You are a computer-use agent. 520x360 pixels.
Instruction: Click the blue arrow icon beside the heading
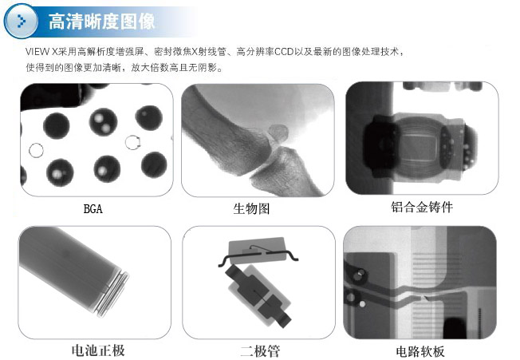(21, 22)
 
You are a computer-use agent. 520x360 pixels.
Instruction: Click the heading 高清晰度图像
(102, 22)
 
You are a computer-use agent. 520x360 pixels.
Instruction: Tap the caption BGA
(93, 209)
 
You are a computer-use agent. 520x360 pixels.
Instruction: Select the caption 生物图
(251, 209)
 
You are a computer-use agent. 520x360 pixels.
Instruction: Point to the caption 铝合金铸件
(422, 207)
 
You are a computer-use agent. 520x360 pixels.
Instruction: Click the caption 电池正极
(98, 350)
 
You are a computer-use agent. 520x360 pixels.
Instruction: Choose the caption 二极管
(260, 351)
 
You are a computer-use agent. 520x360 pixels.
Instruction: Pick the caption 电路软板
(420, 352)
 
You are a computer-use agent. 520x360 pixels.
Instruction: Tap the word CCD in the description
(284, 52)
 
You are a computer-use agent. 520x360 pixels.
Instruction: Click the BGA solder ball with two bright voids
(103, 122)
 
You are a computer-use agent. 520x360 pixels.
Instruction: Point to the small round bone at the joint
(278, 132)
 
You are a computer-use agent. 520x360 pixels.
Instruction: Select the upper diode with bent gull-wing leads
(258, 251)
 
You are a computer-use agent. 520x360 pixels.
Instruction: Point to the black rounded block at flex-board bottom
(455, 328)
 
